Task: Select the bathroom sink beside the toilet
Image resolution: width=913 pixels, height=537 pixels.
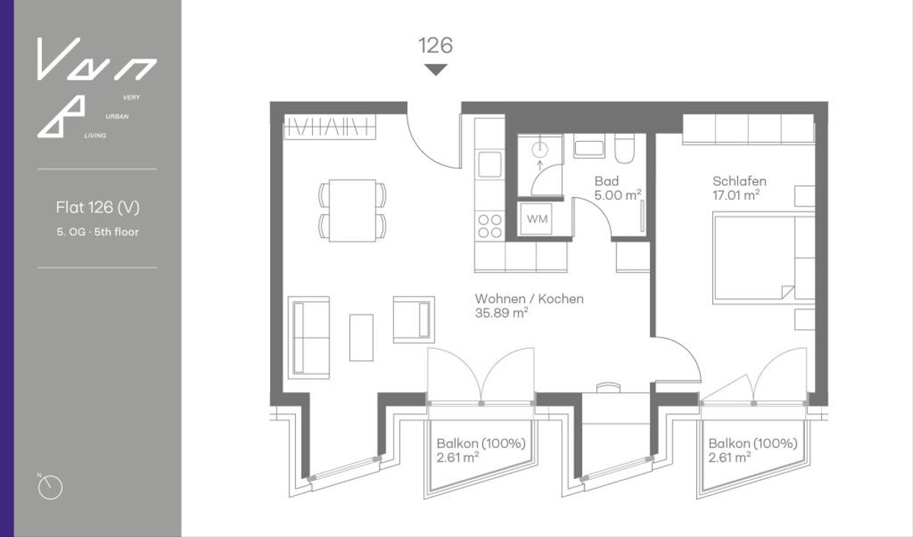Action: pos(589,146)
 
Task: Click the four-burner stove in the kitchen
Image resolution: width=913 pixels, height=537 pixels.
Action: pos(489,226)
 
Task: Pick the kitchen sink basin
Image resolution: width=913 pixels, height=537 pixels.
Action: pos(489,165)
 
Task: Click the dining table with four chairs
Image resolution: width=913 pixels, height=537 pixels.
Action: pos(352,210)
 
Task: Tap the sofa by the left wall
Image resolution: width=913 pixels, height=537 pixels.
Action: pos(309,337)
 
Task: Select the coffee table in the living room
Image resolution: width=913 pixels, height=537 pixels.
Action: pos(361,337)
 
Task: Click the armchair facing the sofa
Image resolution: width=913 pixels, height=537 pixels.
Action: pos(414,319)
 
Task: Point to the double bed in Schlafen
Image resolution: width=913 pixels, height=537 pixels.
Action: pos(763,257)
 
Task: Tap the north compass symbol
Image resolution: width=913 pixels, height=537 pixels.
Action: pos(50,487)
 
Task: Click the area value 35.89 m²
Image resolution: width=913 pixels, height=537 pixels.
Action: pos(501,313)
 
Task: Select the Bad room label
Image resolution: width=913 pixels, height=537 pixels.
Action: pos(606,181)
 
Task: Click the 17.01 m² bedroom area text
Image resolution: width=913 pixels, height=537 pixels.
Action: pos(736,195)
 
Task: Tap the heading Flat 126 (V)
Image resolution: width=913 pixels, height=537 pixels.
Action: pos(98,208)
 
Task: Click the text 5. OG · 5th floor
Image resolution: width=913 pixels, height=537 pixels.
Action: pos(98,232)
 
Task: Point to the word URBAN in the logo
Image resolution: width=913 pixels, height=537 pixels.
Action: pos(117,117)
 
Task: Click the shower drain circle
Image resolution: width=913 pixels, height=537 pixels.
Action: pos(539,150)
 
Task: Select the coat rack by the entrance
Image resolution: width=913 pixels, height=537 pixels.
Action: pos(329,126)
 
